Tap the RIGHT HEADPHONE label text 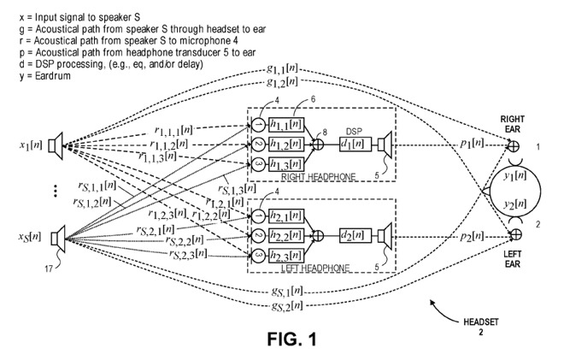point(319,177)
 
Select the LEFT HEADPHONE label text point(314,268)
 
